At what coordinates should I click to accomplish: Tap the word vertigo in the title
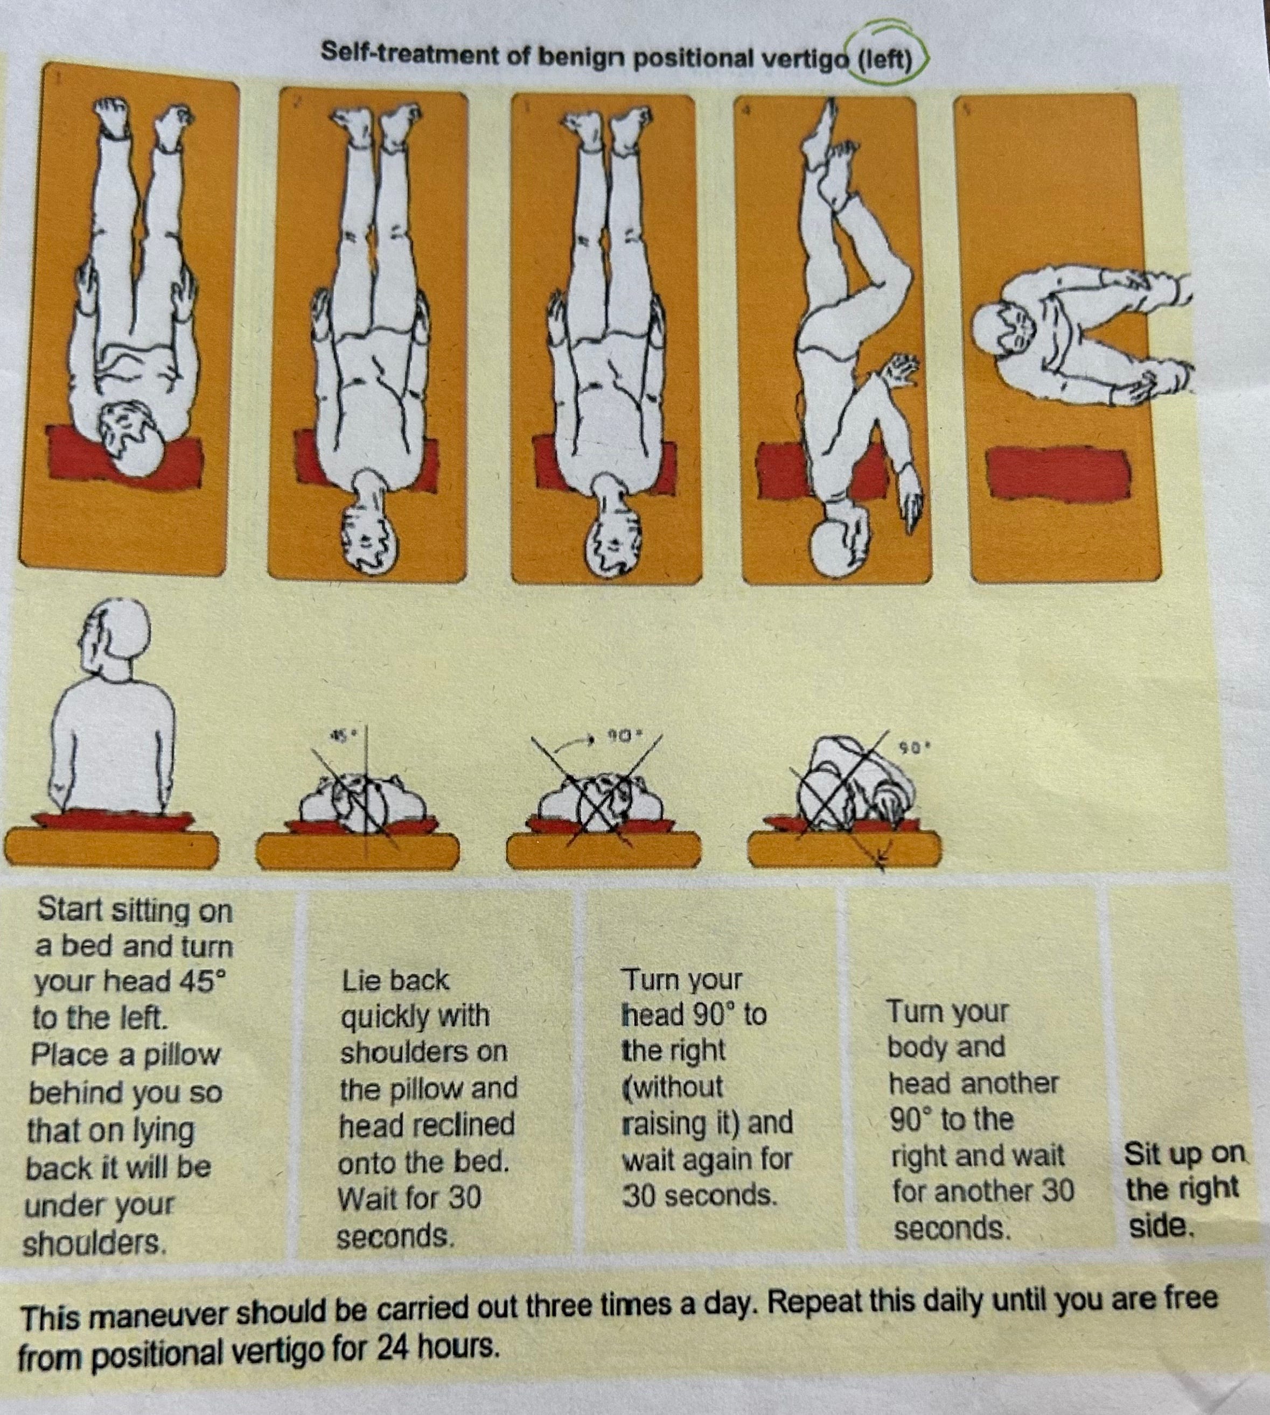(802, 59)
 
